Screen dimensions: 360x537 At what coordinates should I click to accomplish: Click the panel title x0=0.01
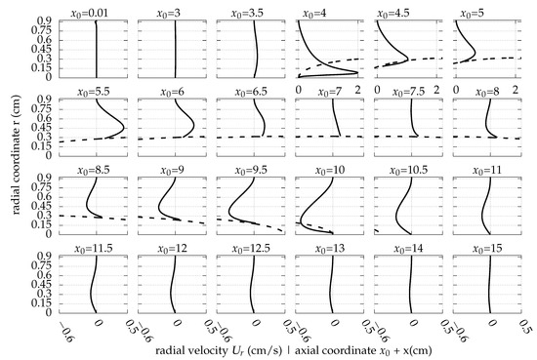(x=97, y=14)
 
